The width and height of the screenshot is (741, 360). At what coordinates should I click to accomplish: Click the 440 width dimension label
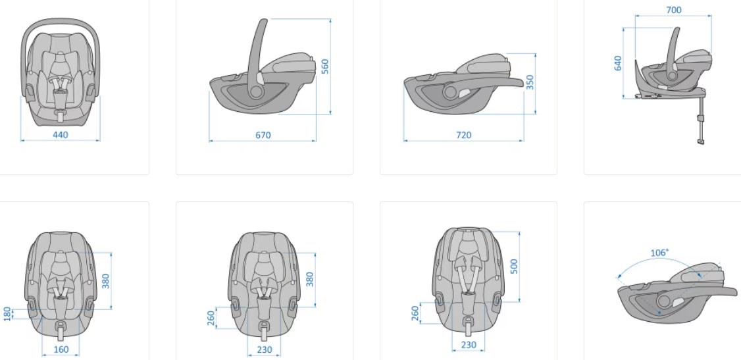tap(60, 135)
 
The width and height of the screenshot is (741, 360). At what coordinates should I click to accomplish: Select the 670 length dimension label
tap(263, 135)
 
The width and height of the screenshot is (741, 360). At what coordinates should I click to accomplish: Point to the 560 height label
tap(324, 66)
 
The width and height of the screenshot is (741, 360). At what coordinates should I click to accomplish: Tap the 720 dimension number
tap(463, 135)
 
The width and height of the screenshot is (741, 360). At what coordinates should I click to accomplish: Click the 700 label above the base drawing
tap(673, 10)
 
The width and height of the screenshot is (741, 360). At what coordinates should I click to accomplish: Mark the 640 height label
tap(618, 63)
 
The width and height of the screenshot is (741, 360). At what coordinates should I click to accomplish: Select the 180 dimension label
tap(7, 314)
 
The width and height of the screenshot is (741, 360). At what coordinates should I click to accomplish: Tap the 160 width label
tap(61, 349)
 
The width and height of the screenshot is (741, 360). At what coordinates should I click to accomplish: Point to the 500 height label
tap(515, 267)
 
